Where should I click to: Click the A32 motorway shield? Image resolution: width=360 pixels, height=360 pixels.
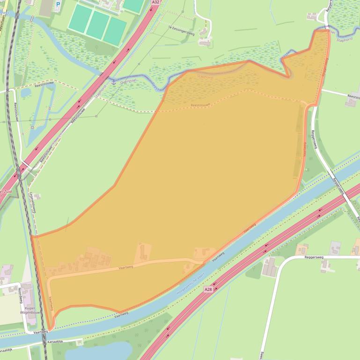pos(156,2)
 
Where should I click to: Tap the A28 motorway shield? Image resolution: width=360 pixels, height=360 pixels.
pos(208,290)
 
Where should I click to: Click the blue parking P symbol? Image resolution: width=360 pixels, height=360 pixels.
pos(58,5)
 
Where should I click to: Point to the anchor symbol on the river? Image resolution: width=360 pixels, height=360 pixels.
pos(113,82)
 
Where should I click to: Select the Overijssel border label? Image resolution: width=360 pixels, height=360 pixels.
pos(128,80)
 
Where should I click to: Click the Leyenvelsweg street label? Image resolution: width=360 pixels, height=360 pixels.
pos(33,202)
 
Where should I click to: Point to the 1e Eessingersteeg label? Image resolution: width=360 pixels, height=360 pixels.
pos(181,27)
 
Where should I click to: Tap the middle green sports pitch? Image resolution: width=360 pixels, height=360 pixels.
pos(97,25)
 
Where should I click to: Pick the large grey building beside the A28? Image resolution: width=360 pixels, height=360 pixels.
pos(269,267)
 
